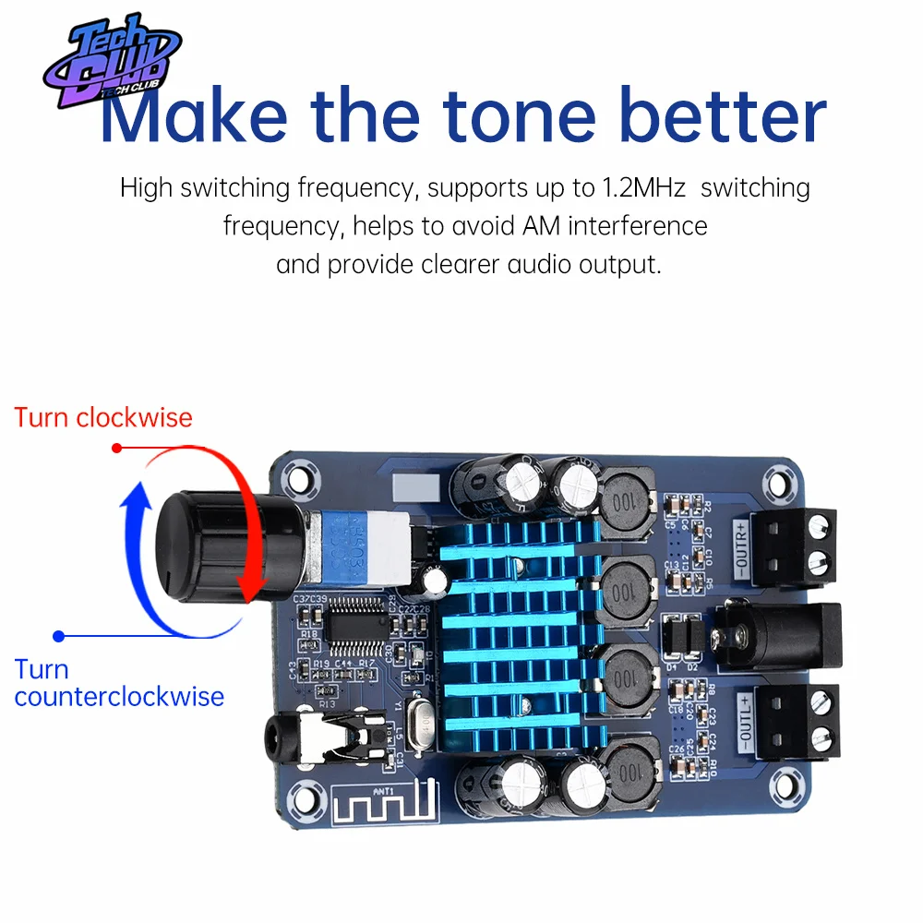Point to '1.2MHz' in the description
coord(644,187)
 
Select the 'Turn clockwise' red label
coord(103,417)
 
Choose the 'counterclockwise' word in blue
coord(119,695)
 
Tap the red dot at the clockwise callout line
coord(116,448)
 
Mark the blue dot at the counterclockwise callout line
coord(59,635)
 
